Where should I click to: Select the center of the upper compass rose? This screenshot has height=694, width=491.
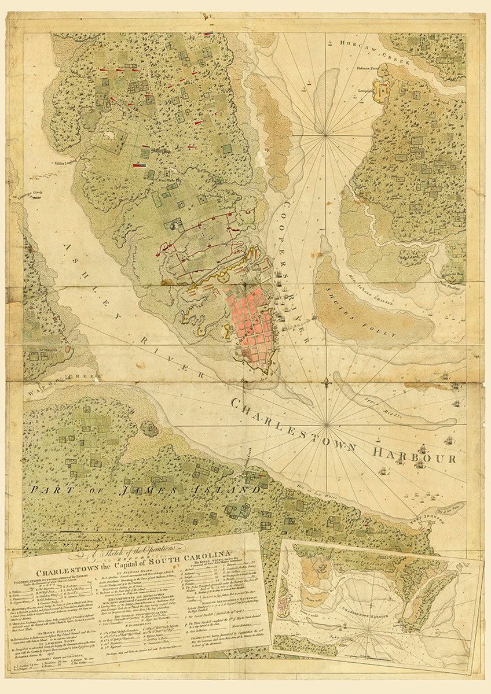[326, 135]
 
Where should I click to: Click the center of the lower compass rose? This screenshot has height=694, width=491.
[327, 426]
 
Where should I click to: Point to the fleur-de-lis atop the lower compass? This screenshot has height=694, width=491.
[327, 382]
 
